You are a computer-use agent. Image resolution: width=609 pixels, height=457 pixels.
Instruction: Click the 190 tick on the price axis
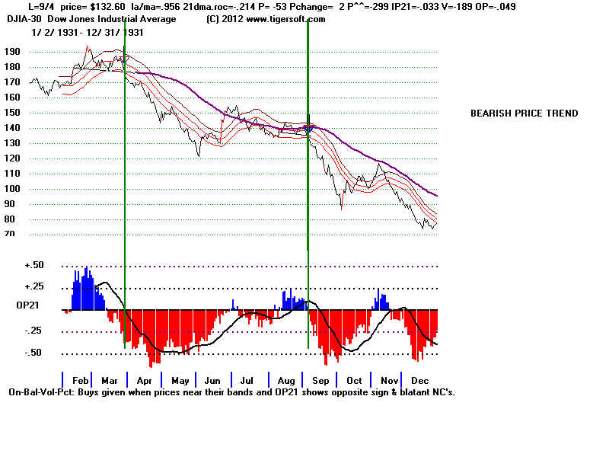point(11,52)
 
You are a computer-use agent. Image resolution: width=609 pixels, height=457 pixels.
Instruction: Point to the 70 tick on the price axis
point(11,235)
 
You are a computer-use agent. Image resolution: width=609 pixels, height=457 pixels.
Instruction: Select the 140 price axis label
point(11,128)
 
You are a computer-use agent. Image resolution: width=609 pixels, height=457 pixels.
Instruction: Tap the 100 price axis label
point(11,189)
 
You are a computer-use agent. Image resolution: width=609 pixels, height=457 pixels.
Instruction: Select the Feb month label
point(81,380)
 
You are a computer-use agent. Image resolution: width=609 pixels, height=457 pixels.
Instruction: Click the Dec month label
point(419,380)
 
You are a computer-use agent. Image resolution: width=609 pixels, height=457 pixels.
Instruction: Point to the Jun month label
point(212,380)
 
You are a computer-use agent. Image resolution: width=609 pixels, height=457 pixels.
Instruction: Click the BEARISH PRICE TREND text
point(524,113)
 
